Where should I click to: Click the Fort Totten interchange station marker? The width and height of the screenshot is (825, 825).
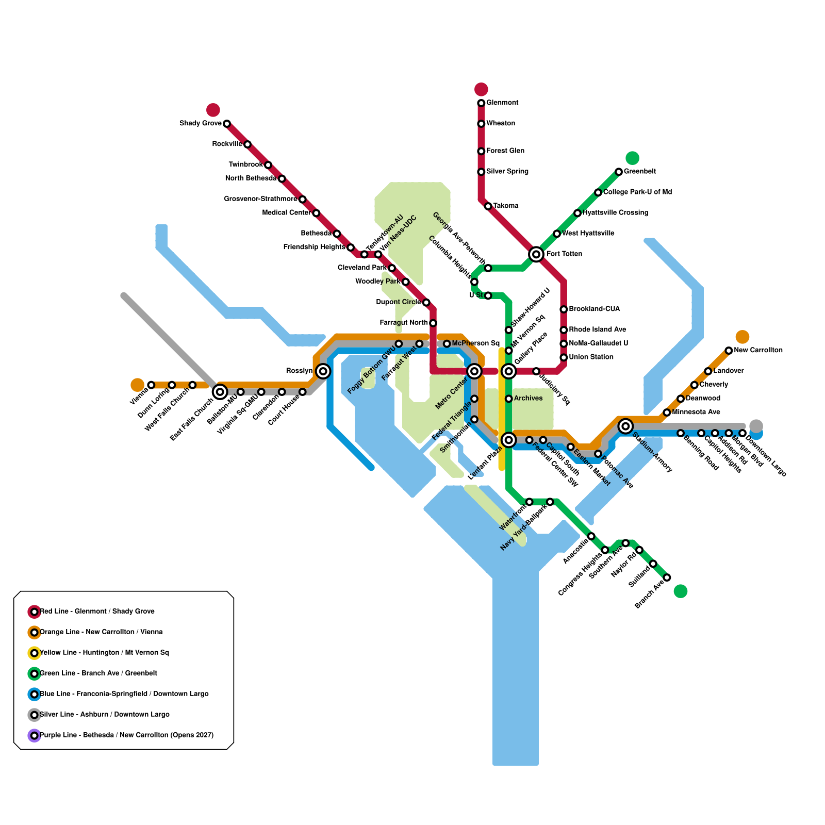pos(536,254)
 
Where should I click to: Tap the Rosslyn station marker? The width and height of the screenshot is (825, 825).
pos(323,371)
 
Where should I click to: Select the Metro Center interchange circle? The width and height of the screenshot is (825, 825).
pos(474,371)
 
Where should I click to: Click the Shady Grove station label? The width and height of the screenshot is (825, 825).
pos(200,123)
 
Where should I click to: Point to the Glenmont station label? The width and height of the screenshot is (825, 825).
pos(502,103)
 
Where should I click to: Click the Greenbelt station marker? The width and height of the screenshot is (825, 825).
pos(619,172)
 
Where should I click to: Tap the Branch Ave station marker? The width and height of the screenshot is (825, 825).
pos(667,577)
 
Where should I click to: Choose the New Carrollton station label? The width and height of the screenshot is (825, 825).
pos(758,350)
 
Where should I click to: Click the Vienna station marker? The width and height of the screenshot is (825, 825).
pos(151,385)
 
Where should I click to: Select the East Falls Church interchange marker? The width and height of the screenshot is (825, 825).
pos(220,392)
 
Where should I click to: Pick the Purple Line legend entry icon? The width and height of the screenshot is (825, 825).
pos(34,735)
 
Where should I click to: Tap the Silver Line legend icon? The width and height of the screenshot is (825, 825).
pos(34,715)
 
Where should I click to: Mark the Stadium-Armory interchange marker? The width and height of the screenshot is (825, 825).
pos(625,426)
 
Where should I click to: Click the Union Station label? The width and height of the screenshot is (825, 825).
pos(591,357)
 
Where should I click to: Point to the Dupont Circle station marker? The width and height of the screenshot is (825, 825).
pos(426,302)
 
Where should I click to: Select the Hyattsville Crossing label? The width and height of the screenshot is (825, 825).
pos(615,212)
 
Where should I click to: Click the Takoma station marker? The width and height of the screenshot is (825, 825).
pos(488,206)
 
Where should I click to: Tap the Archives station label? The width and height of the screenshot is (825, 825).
pos(528,398)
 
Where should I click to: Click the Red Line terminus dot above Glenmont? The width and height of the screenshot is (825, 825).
pos(481,89)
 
